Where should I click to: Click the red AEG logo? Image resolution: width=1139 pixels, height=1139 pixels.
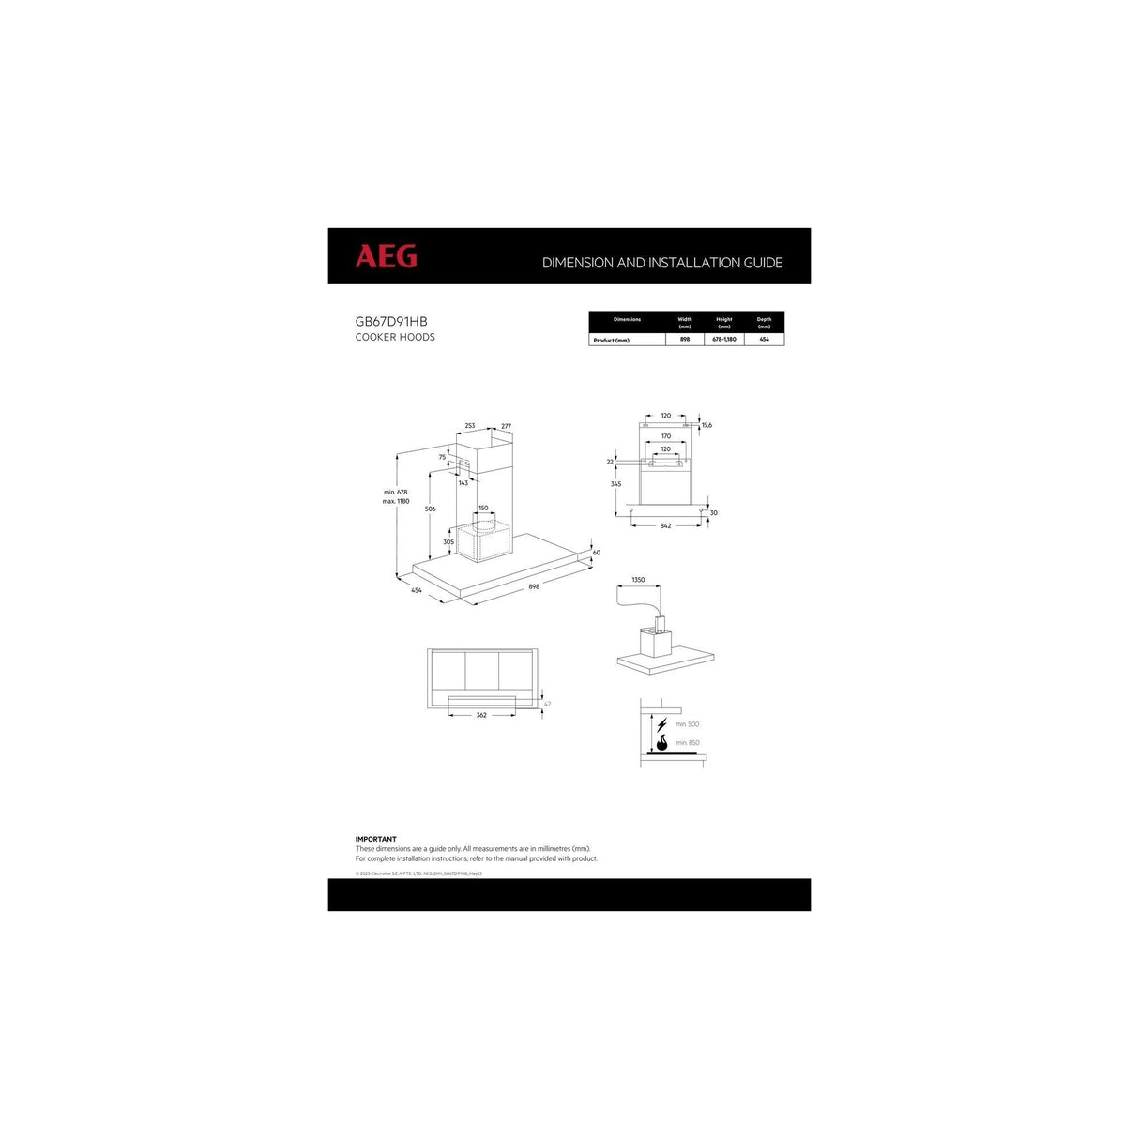click(x=386, y=256)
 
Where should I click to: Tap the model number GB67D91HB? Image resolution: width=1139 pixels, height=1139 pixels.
click(x=391, y=321)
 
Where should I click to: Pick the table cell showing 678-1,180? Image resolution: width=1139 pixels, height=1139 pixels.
click(x=724, y=340)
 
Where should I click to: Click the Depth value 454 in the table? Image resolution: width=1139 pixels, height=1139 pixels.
click(x=764, y=340)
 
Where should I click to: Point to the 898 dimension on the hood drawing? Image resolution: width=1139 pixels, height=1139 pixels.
click(x=534, y=586)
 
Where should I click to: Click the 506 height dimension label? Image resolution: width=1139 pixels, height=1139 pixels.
click(x=430, y=509)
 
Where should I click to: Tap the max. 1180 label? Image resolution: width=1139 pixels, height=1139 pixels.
click(x=396, y=501)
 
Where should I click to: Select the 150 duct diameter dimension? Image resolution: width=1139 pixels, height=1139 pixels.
click(x=483, y=508)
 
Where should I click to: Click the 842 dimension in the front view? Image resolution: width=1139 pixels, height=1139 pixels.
click(x=665, y=525)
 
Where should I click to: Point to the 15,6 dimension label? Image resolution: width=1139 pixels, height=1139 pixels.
click(x=706, y=425)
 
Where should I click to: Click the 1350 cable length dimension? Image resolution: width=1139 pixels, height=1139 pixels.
click(x=638, y=580)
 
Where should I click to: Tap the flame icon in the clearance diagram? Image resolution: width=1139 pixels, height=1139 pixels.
click(x=661, y=744)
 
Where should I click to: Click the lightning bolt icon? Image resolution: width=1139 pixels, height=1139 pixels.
click(x=661, y=724)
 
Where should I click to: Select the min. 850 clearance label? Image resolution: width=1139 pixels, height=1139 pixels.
click(x=687, y=743)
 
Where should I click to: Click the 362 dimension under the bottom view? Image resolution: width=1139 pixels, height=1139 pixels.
click(x=481, y=715)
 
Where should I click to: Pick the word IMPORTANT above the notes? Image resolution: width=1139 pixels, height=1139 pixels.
click(x=375, y=839)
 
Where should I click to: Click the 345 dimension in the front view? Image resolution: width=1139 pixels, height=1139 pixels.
click(x=615, y=484)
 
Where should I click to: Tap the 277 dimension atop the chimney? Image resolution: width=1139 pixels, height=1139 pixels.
click(x=506, y=426)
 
